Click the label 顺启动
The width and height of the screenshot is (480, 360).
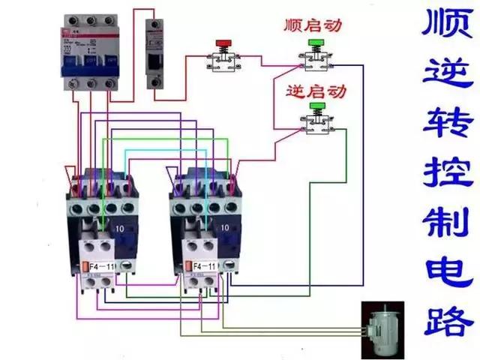[x=313, y=25]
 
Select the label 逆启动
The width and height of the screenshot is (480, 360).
[x=316, y=92]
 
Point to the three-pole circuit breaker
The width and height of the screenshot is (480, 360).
[x=91, y=56]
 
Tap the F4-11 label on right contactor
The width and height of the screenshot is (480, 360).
[x=204, y=267]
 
